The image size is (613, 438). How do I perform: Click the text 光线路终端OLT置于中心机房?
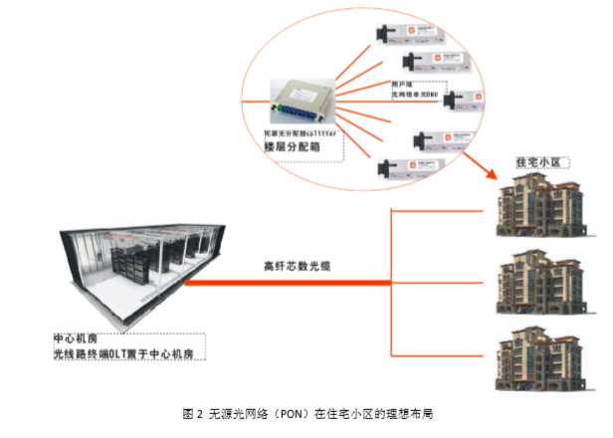[x=129, y=353]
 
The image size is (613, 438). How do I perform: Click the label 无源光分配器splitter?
[x=299, y=130]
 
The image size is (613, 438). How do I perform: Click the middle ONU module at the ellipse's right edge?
[x=464, y=99]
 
